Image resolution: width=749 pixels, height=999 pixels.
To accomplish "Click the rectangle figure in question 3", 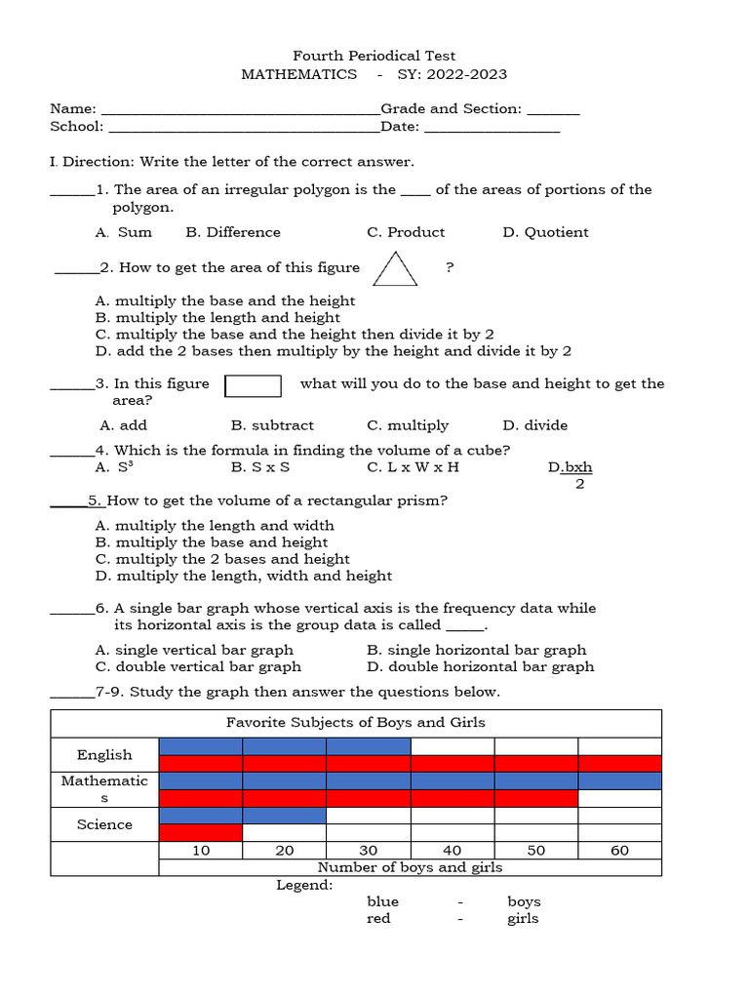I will (x=254, y=386).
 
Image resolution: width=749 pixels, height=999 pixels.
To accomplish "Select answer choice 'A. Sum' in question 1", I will (x=124, y=232).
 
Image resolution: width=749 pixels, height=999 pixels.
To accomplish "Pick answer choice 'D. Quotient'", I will (x=545, y=232).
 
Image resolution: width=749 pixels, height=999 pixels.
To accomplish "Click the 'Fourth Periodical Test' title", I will (x=374, y=56).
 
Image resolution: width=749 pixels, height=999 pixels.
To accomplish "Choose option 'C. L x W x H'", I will (x=413, y=467).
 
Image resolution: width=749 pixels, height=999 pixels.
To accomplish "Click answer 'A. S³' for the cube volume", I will (x=114, y=467).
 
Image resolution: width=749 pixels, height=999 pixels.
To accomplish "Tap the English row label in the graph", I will (x=104, y=755).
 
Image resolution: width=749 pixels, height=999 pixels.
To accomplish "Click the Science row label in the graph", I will (x=104, y=824).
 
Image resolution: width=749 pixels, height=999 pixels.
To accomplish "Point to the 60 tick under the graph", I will (x=619, y=851).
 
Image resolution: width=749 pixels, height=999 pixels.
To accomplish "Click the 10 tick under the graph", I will (x=201, y=851).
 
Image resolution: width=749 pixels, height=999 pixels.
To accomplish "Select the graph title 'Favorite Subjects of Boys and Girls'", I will (x=355, y=723).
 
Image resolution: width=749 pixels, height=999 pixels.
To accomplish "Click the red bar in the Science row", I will (x=200, y=833).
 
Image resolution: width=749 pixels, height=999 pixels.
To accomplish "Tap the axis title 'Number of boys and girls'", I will (x=410, y=867).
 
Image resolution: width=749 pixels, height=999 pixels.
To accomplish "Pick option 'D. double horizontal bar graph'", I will (x=480, y=667).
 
